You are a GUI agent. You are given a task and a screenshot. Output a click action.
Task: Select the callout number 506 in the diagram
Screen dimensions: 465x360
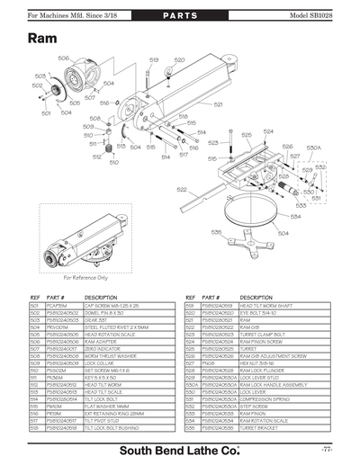pyautogui.click(x=64, y=58)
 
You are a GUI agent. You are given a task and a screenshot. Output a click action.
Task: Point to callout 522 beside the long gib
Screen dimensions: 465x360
pyautogui.click(x=181, y=190)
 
